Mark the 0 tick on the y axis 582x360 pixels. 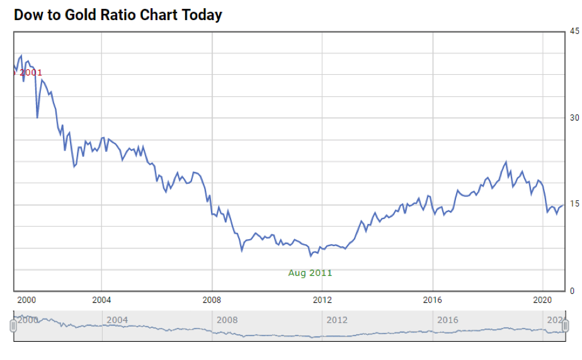click(572, 291)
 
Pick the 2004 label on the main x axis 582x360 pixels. click(101, 300)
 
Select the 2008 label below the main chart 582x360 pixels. click(212, 300)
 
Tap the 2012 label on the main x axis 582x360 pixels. click(322, 300)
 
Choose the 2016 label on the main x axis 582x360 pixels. click(433, 300)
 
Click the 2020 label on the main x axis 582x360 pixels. click(543, 300)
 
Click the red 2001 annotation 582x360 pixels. click(30, 73)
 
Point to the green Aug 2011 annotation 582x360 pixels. click(310, 273)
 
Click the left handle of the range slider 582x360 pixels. click(13, 325)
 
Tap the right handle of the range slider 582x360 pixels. click(566, 325)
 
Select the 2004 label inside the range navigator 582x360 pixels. click(117, 320)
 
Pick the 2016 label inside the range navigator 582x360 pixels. click(448, 320)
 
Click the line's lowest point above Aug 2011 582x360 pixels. click(311, 256)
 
